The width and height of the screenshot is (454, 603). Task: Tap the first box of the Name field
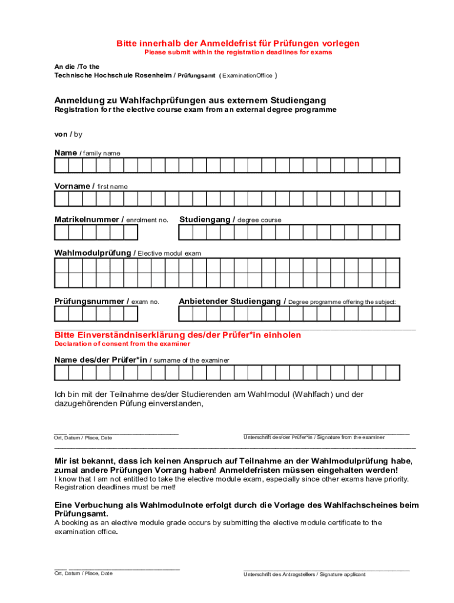coord(62,165)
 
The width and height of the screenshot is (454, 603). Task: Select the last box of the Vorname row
coord(393,198)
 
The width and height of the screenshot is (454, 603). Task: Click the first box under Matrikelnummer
coord(62,233)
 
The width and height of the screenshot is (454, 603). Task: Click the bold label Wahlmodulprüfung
coord(93,253)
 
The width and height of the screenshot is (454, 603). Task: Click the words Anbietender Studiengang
coord(229,301)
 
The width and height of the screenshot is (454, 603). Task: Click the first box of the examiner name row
coord(62,373)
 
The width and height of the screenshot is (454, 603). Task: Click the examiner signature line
coord(326,433)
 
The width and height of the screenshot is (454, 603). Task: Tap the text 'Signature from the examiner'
coord(350,438)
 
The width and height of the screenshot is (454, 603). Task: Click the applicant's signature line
coord(326,570)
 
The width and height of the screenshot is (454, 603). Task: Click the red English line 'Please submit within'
coord(238,52)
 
